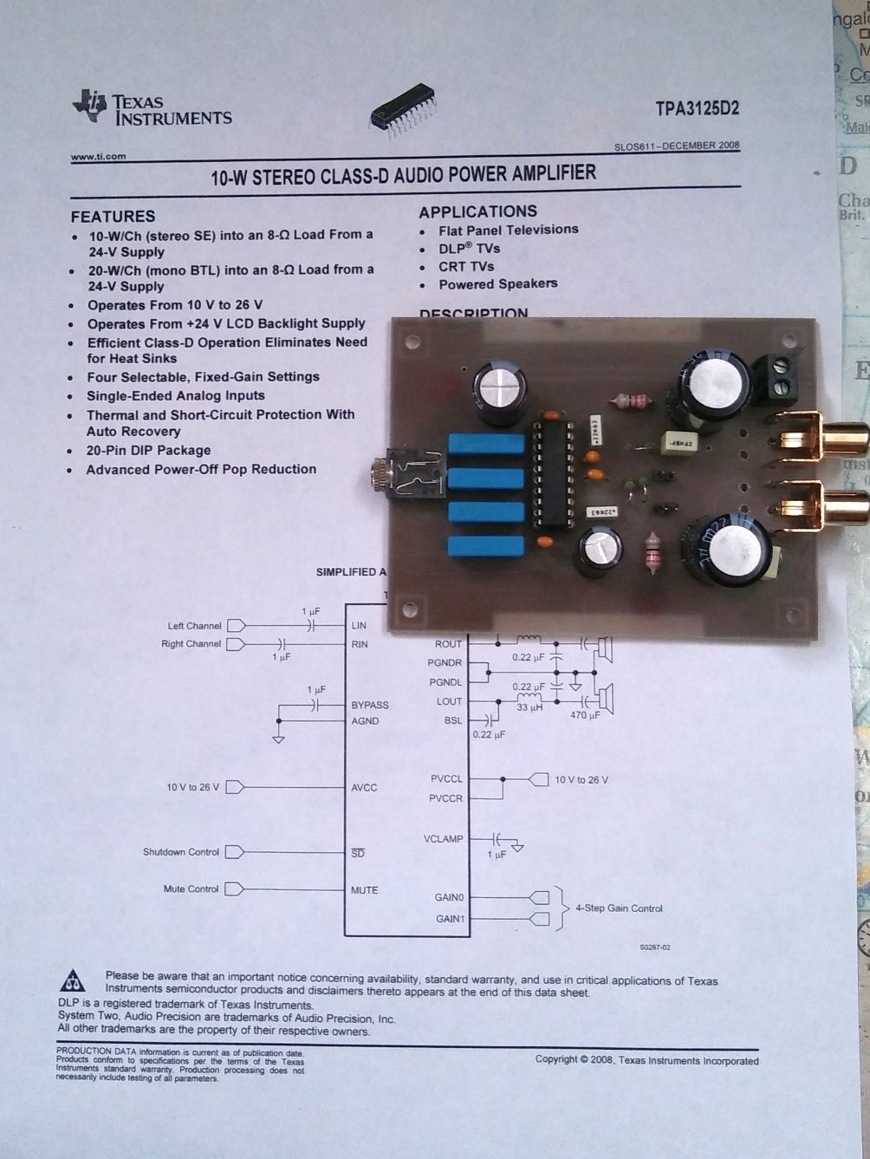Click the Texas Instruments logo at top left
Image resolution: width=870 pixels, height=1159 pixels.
point(153,109)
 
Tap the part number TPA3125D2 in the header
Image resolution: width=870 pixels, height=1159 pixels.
point(697,109)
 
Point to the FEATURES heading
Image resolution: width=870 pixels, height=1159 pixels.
point(113,217)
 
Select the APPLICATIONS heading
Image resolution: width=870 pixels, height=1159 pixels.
point(477,212)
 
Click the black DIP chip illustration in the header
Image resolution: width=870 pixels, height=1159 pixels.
point(403,112)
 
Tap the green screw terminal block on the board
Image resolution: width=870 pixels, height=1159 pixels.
point(777,374)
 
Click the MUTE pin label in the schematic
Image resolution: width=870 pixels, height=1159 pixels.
point(364,890)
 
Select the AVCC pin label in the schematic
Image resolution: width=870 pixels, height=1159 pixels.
point(365,787)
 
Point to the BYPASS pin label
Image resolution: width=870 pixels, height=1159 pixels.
point(369,705)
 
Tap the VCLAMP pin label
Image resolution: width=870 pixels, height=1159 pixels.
point(443,839)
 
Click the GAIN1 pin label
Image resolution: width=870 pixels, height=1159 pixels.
point(449,919)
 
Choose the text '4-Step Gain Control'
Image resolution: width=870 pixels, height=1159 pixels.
point(619,908)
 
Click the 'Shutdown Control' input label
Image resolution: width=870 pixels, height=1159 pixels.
point(181,852)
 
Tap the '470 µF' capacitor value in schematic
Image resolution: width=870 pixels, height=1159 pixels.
point(585,716)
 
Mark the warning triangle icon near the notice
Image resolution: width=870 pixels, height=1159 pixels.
point(73,980)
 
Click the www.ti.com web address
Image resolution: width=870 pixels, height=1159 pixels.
point(98,157)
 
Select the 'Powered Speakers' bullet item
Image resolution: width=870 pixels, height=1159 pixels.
point(497,284)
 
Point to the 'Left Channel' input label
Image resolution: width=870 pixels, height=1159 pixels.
point(194,626)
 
